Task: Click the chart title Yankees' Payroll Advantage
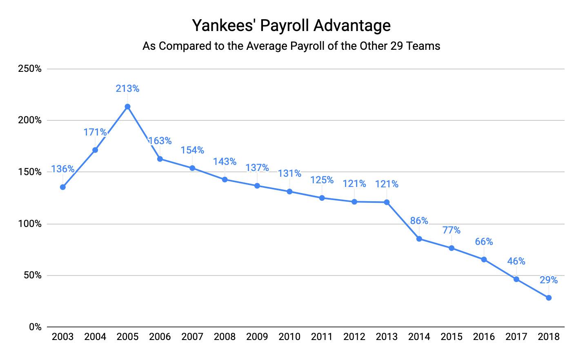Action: pyautogui.click(x=291, y=25)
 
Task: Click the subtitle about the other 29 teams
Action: pyautogui.click(x=291, y=46)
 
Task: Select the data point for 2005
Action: pyautogui.click(x=127, y=107)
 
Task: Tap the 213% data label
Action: pyautogui.click(x=127, y=88)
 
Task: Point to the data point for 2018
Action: pyautogui.click(x=549, y=298)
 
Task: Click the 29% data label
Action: pyautogui.click(x=549, y=280)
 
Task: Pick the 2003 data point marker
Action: pyautogui.click(x=62, y=187)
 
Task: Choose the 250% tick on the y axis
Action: pyautogui.click(x=30, y=69)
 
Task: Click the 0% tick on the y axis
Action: pyautogui.click(x=35, y=327)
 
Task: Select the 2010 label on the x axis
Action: pyautogui.click(x=289, y=337)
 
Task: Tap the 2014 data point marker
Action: pyautogui.click(x=419, y=239)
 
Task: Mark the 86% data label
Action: pyautogui.click(x=419, y=221)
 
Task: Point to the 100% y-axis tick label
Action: pyautogui.click(x=30, y=224)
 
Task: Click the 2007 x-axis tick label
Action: pyautogui.click(x=192, y=337)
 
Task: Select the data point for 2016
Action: pyautogui.click(x=484, y=259)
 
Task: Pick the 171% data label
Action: pyautogui.click(x=95, y=132)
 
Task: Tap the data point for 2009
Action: pyautogui.click(x=257, y=186)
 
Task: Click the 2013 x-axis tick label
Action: pyautogui.click(x=387, y=337)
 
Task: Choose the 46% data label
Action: pyautogui.click(x=516, y=261)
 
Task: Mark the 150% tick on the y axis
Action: pyautogui.click(x=30, y=172)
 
